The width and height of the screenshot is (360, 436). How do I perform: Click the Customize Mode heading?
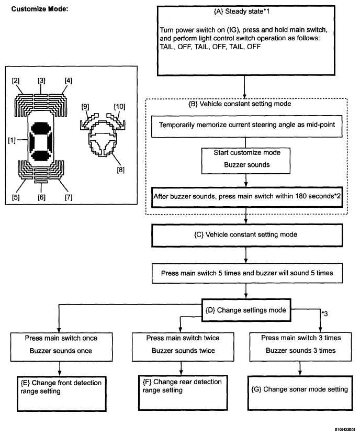39,9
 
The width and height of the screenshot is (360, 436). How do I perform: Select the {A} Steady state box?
246,41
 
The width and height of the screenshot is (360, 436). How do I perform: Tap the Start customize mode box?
246,161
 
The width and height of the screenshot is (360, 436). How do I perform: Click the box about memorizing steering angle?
247,127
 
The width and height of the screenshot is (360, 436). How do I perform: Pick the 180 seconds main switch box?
247,197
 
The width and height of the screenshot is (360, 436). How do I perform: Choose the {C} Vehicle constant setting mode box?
247,235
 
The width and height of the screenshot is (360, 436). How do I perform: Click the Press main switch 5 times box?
247,273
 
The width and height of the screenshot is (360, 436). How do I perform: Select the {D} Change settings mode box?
246,310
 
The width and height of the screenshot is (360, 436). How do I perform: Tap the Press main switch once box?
61,346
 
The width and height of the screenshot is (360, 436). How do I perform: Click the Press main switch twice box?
183,346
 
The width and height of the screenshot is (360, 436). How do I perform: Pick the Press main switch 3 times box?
300,346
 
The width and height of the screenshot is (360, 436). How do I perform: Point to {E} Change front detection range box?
61,394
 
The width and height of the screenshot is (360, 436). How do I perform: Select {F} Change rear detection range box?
183,393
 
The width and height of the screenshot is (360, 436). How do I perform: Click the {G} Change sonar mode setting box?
300,393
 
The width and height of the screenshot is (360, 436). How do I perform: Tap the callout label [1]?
12,140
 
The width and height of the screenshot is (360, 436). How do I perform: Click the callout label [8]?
121,170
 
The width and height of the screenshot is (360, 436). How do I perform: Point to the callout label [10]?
119,107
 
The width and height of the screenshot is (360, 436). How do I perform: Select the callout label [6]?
41,197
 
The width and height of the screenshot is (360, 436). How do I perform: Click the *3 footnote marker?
324,314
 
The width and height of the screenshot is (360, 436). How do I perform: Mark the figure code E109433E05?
345,430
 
